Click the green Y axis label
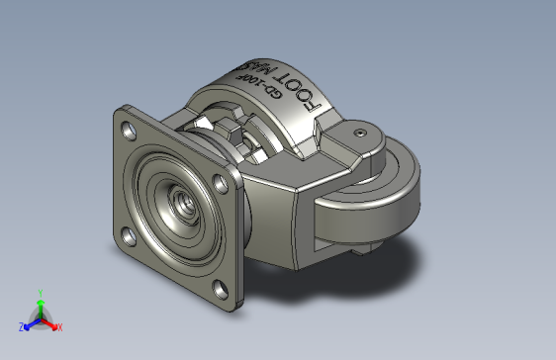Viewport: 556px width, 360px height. coord(40,293)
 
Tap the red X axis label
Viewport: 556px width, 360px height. coord(59,326)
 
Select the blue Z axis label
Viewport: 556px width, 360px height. coord(21,325)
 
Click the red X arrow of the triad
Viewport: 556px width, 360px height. coord(50,323)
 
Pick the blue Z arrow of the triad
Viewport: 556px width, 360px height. coord(30,323)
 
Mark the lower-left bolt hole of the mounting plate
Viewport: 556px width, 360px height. coord(128,236)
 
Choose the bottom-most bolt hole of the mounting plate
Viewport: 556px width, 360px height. coord(220,289)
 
